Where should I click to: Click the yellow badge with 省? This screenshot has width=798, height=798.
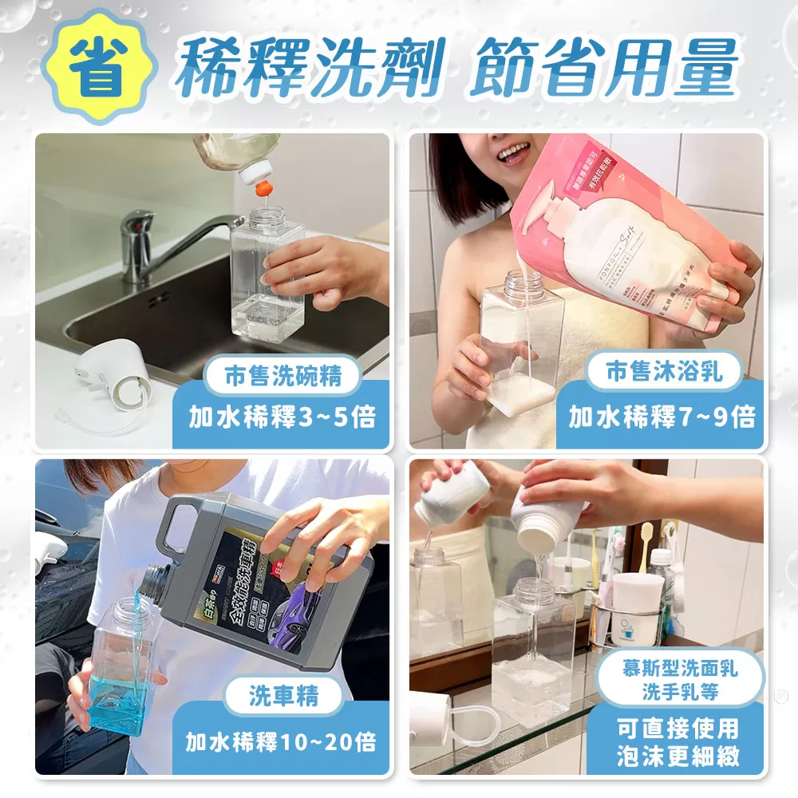[95, 66]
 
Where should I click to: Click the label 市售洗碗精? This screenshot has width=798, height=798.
[283, 375]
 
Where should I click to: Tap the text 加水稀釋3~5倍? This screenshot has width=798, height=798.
[282, 417]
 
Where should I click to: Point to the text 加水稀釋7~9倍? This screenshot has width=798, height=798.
[662, 417]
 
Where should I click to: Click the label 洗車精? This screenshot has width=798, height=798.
[283, 697]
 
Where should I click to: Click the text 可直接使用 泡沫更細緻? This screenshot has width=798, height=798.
[678, 742]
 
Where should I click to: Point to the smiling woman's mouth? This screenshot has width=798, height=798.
[513, 153]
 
